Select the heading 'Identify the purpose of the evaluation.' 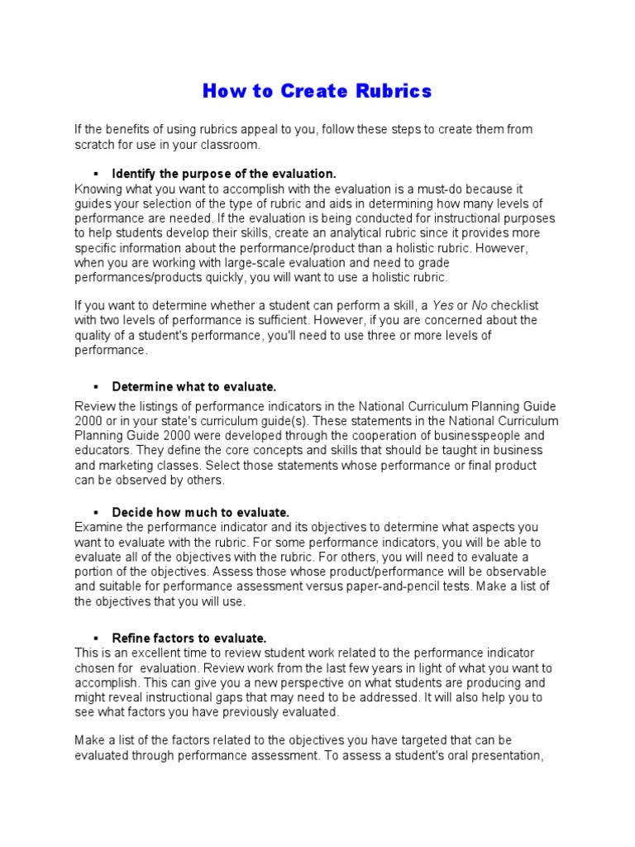[224, 174]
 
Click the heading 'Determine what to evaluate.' [193, 386]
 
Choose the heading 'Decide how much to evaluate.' [200, 512]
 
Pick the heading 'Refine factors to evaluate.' [189, 638]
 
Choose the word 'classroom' [233, 144]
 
